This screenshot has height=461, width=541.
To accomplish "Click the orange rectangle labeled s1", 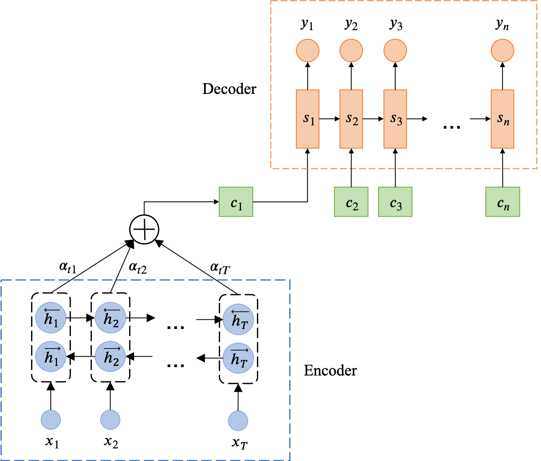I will [308, 119].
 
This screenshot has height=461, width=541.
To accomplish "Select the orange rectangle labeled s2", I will [351, 119].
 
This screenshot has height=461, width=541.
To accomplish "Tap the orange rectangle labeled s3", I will [395, 119].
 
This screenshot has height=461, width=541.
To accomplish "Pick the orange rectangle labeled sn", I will [502, 119].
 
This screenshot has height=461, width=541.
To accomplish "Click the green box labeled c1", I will [236, 202].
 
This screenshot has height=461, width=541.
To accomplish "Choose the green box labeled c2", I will [351, 202].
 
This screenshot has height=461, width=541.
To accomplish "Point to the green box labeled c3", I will [395, 202].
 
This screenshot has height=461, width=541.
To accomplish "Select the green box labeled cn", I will [502, 202].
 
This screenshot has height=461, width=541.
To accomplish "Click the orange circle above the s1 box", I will [308, 51].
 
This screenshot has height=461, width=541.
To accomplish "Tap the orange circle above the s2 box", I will [351, 51].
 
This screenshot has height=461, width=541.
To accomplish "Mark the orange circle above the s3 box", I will [395, 51].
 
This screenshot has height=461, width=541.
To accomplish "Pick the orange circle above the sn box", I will [502, 51].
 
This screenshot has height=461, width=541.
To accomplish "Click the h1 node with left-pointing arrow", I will [51, 319].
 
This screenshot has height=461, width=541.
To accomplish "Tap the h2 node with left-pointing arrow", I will [111, 319].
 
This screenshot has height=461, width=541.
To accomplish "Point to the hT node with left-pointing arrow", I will [238, 319].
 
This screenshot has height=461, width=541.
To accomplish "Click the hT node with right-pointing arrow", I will [238, 358].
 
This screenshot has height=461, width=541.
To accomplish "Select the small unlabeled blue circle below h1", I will [51, 420].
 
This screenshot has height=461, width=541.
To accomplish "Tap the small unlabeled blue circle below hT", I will [238, 421].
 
